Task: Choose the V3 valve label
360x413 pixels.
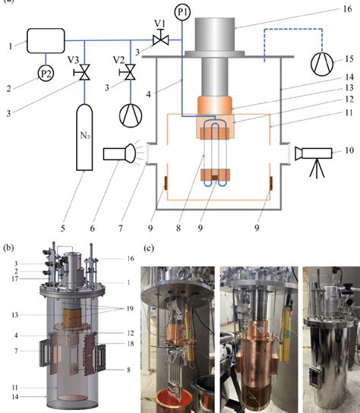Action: (70, 59)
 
